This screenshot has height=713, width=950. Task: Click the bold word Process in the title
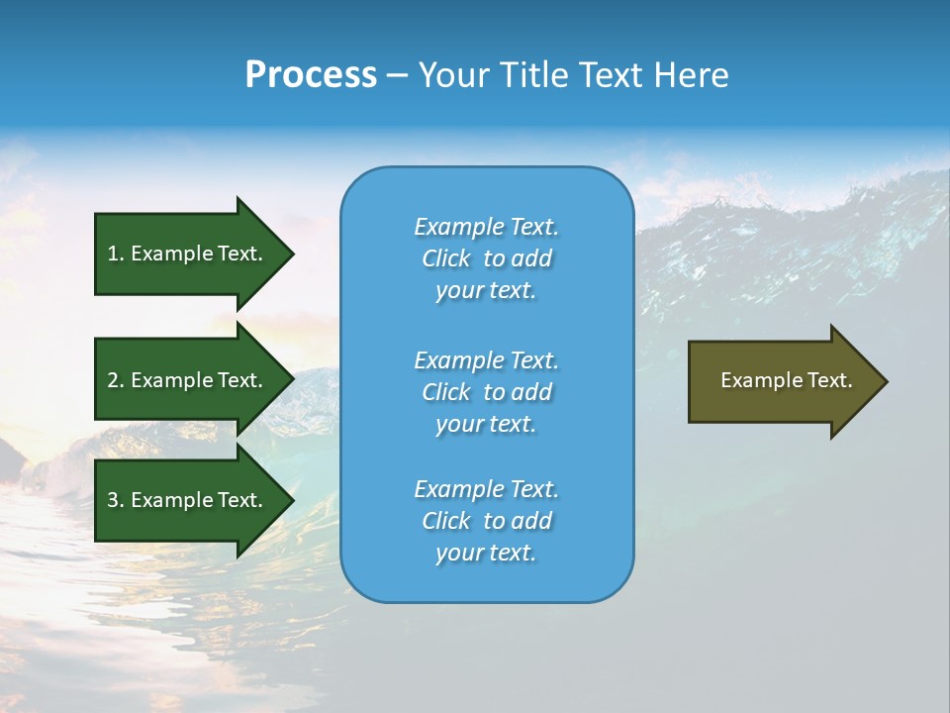[311, 75]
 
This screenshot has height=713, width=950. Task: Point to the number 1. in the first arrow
[116, 254]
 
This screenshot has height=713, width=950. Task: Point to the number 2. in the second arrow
[116, 380]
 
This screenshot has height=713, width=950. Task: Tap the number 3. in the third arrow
[116, 500]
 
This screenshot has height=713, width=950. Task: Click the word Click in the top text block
[445, 258]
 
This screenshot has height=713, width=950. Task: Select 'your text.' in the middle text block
[486, 424]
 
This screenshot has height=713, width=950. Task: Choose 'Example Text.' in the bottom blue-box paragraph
[486, 489]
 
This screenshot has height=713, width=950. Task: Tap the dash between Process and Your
[397, 75]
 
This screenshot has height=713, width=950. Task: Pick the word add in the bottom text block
[531, 521]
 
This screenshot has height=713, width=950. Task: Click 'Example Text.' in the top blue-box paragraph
[486, 227]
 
